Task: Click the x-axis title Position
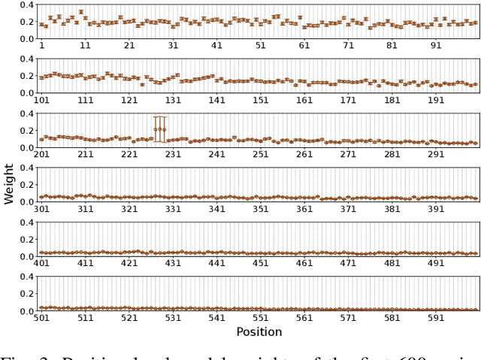pyautogui.click(x=259, y=331)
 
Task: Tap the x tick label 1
pyautogui.click(x=41, y=46)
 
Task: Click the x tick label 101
pyautogui.click(x=41, y=100)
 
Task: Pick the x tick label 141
pyautogui.click(x=216, y=100)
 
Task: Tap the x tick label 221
pyautogui.click(x=129, y=154)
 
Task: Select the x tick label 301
pyautogui.click(x=41, y=208)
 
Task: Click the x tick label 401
pyautogui.click(x=41, y=263)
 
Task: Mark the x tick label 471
pyautogui.click(x=348, y=263)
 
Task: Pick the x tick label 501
pyautogui.click(x=41, y=317)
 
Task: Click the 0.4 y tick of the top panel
pyautogui.click(x=25, y=5)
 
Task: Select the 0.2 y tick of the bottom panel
pyautogui.click(x=25, y=293)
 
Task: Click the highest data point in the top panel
pyautogui.click(x=80, y=12)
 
